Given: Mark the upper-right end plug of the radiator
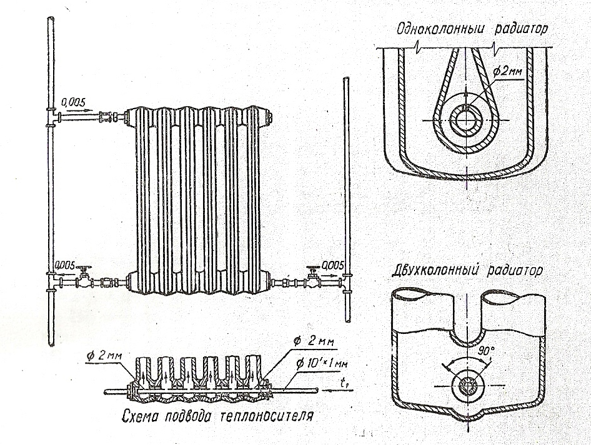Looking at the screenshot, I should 267,115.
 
